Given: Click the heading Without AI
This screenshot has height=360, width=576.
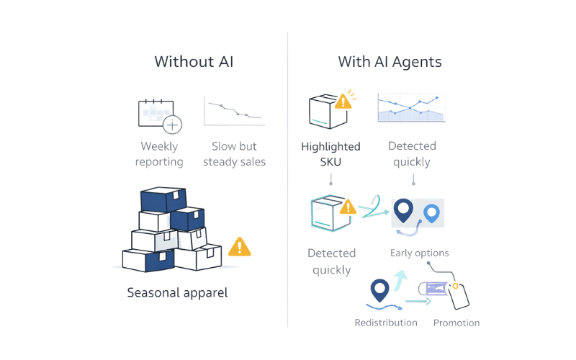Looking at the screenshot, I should pyautogui.click(x=194, y=62).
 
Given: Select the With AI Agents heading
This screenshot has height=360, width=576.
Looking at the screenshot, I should pyautogui.click(x=390, y=62).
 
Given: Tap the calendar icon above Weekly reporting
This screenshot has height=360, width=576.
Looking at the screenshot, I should pyautogui.click(x=158, y=115).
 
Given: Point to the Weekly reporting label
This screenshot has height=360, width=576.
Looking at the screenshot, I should pyautogui.click(x=159, y=153).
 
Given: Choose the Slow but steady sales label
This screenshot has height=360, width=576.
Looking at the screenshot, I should pyautogui.click(x=234, y=153).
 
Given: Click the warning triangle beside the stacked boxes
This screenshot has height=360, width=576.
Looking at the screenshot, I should pyautogui.click(x=238, y=248).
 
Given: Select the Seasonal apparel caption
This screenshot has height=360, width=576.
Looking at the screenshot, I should pyautogui.click(x=177, y=293).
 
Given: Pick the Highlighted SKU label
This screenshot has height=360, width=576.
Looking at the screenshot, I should pyautogui.click(x=330, y=154).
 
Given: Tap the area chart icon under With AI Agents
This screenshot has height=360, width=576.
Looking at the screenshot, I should pyautogui.click(x=410, y=107).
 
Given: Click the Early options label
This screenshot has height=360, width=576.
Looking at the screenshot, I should pyautogui.click(x=420, y=253).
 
